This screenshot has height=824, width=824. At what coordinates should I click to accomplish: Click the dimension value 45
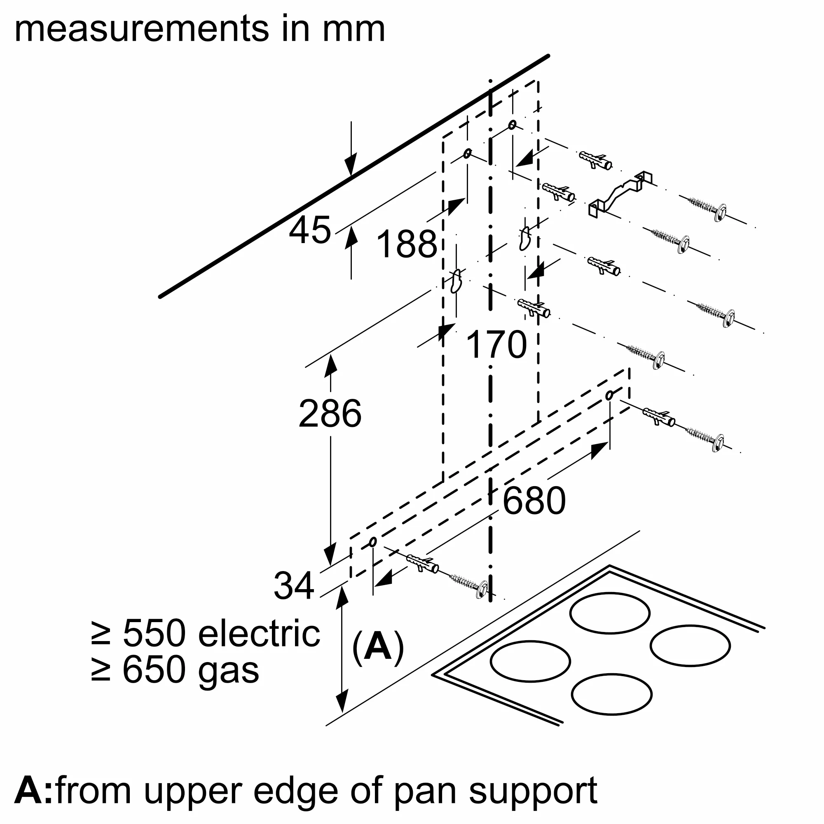tap(310, 231)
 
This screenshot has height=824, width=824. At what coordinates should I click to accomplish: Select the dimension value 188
tap(407, 244)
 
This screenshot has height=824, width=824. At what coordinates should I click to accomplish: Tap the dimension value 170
tap(496, 344)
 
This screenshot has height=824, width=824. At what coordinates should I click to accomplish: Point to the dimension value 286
tap(330, 414)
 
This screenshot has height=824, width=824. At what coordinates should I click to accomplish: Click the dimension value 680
tap(534, 501)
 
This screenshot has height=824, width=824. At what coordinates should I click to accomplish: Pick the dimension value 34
tap(294, 585)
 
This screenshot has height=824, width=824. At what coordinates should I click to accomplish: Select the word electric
tap(259, 633)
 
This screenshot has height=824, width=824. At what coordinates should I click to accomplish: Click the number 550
tap(155, 633)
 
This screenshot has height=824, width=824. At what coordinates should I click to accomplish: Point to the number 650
tap(155, 669)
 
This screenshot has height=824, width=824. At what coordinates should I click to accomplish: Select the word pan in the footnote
tap(427, 779)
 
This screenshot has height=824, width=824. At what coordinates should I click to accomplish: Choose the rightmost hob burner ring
tap(690, 646)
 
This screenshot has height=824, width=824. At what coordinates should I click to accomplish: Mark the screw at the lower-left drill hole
tap(469, 584)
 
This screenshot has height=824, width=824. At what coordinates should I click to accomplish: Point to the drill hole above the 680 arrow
tap(609, 396)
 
